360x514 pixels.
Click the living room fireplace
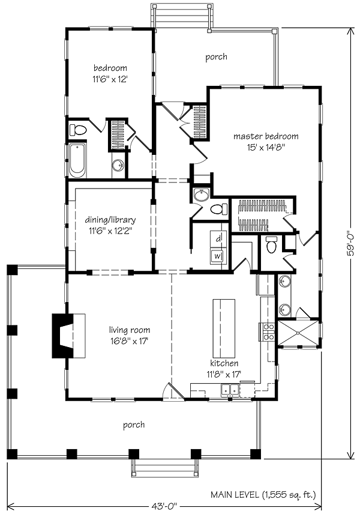point(69,336)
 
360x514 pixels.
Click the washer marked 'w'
point(218,256)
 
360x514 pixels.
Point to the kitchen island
point(224,328)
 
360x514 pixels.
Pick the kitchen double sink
point(230,390)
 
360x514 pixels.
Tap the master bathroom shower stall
point(298,333)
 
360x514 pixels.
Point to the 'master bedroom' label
point(266,136)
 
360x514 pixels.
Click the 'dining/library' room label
point(110,220)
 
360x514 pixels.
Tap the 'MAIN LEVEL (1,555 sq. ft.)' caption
point(263,494)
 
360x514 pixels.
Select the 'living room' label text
point(130,330)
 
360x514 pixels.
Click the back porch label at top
point(216,57)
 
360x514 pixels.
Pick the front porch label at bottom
point(134,425)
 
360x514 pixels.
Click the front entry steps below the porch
point(165,468)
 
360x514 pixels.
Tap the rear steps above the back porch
point(181,16)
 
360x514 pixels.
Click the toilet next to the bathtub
point(78,130)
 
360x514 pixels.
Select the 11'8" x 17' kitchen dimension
point(224,373)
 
